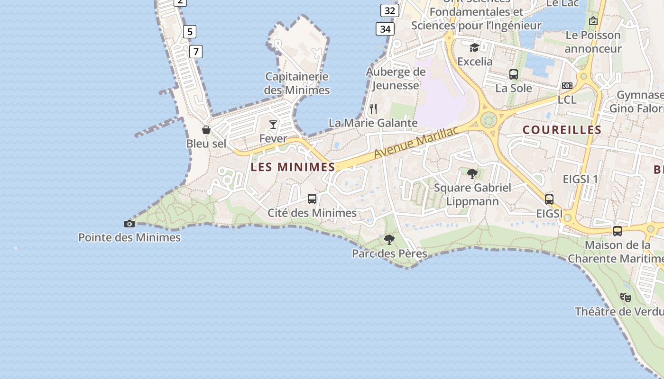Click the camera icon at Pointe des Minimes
tap(129, 224)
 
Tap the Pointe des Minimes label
tap(129, 237)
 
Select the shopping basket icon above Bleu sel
tap(206, 129)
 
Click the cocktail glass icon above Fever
tap(273, 124)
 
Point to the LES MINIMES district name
tap(293, 167)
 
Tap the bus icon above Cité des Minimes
tap(312, 199)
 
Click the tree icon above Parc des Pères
tap(389, 239)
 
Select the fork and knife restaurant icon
tap(373, 109)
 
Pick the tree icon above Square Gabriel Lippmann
tap(472, 173)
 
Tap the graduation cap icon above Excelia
tap(474, 47)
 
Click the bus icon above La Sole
tap(514, 74)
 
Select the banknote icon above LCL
tap(567, 86)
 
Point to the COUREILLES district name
tap(562, 130)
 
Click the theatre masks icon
tap(626, 298)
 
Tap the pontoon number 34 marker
tap(385, 29)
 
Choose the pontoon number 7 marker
tap(196, 51)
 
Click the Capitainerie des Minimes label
tap(297, 83)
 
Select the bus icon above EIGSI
tap(549, 199)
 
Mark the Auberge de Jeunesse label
tap(396, 78)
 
